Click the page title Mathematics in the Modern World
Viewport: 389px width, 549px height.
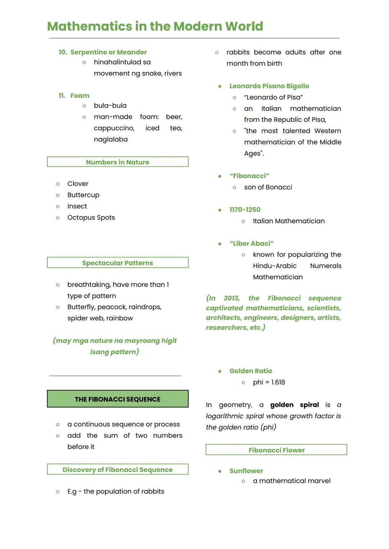click(155, 26)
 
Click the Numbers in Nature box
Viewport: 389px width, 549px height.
click(117, 162)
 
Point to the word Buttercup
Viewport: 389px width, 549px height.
click(83, 195)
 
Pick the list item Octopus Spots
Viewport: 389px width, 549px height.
click(91, 217)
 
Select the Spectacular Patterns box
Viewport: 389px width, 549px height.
click(117, 263)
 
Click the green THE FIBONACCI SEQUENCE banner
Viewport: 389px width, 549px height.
click(117, 399)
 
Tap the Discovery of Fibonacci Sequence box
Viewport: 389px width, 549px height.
click(117, 469)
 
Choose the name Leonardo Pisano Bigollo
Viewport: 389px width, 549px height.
click(269, 86)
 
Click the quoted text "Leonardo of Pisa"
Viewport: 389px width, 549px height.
click(273, 97)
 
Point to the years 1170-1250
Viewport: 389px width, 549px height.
click(245, 210)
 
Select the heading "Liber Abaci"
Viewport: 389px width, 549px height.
click(251, 243)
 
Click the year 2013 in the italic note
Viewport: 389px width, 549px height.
click(231, 298)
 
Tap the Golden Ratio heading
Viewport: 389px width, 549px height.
click(251, 371)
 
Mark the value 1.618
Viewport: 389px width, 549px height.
click(278, 382)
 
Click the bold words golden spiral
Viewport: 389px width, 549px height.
click(294, 405)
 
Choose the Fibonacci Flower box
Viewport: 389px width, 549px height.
click(276, 450)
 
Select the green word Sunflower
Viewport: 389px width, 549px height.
click(246, 471)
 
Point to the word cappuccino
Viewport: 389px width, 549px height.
click(114, 128)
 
